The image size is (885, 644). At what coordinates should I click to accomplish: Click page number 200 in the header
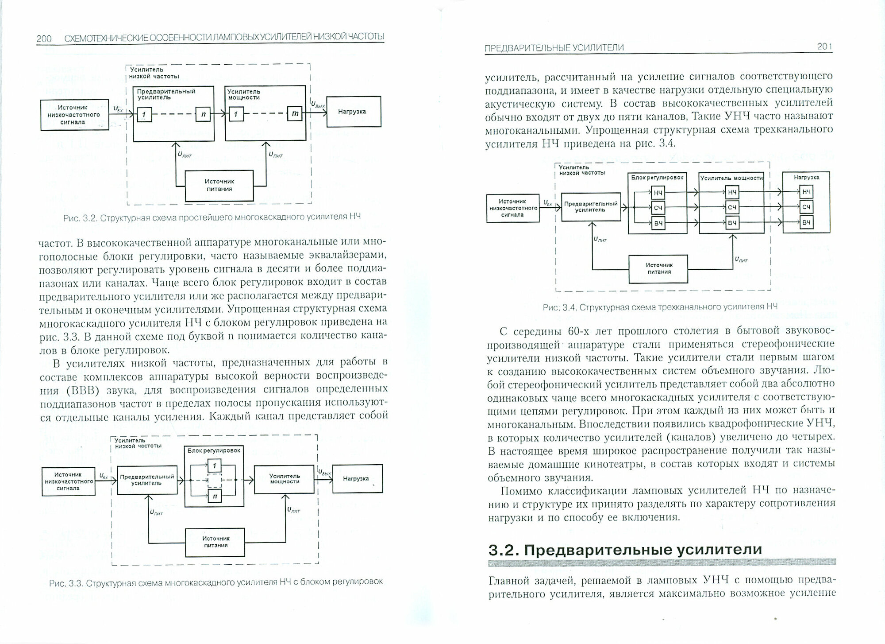pos(44,39)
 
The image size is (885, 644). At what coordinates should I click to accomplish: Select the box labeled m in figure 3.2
pos(295,114)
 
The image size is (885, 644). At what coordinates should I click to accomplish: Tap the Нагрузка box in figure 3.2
pos(353,112)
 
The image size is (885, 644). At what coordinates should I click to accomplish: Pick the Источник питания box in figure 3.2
pos(219,185)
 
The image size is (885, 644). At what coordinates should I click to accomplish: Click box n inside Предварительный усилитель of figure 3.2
pos(203,114)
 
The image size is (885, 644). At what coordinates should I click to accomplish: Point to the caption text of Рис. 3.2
pos(212,217)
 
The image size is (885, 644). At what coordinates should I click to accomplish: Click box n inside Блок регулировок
pos(214,497)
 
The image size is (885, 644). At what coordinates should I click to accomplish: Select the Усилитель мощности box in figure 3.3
pos(284,479)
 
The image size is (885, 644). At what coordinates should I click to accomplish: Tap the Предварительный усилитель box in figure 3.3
pos(147,480)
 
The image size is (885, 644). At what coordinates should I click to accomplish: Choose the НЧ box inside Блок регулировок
pos(658,193)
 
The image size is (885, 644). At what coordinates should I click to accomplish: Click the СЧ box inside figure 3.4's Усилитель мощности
pos(732,208)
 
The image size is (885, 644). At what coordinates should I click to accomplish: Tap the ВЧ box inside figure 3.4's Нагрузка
pos(806,222)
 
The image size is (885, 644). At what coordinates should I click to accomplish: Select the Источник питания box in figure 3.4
pos(658,269)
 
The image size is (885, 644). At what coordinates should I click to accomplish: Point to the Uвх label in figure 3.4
pos(548,203)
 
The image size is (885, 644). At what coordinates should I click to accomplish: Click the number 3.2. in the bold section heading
pos(504,550)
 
